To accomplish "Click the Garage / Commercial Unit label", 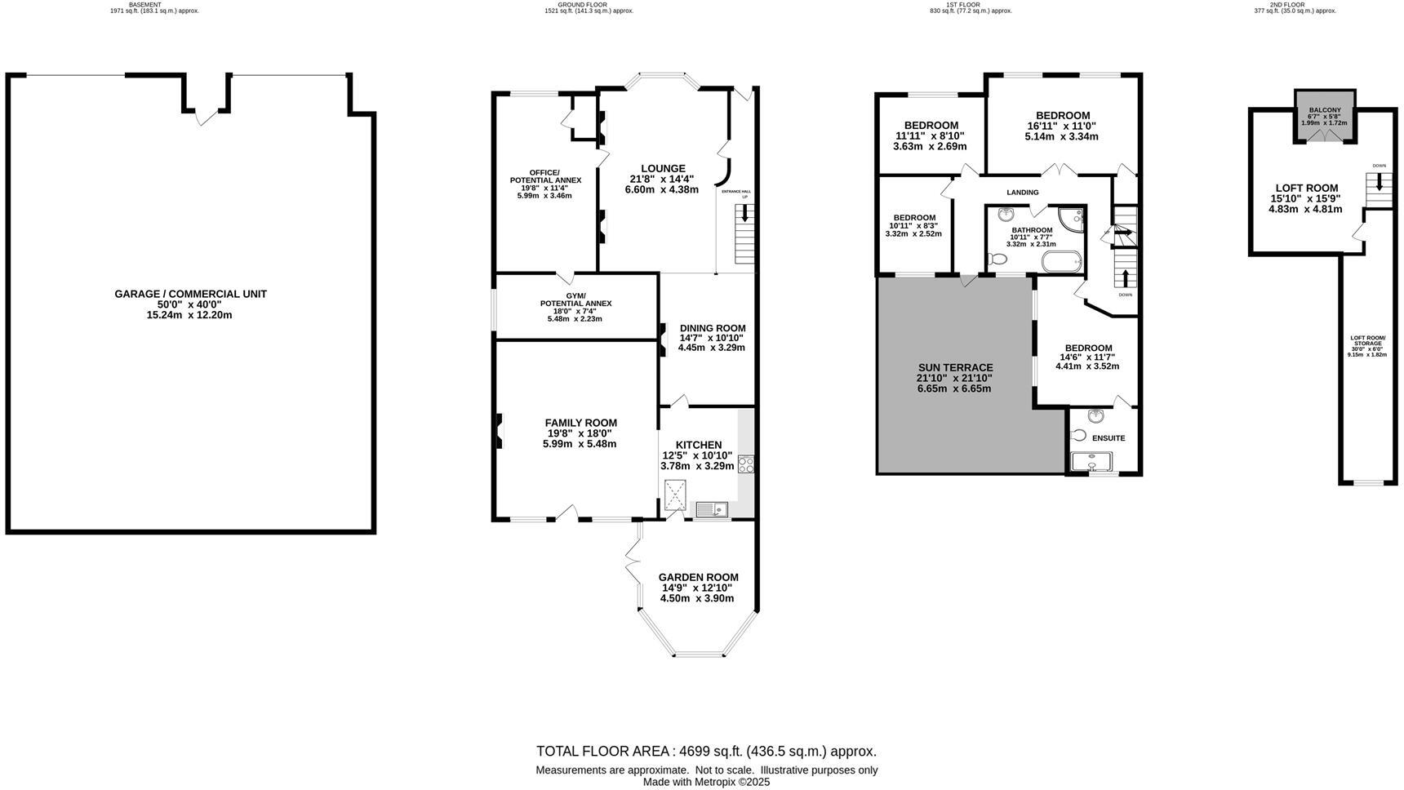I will click(x=190, y=294).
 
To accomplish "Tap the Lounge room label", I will click(x=663, y=169).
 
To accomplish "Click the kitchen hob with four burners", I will click(x=745, y=465).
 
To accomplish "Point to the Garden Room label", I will click(x=698, y=577).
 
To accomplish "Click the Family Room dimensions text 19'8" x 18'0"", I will click(x=580, y=433).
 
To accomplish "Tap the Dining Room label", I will click(x=712, y=328).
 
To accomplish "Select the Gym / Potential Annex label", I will click(x=575, y=300).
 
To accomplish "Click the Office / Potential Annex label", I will click(x=544, y=176).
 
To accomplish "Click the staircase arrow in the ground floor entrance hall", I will click(x=744, y=215).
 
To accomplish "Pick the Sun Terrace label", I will click(x=954, y=367).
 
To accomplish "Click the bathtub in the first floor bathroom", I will click(x=1061, y=262).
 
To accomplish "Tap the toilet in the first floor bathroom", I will click(x=997, y=260).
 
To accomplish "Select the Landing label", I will click(x=1022, y=193).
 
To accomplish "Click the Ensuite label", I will click(x=1108, y=438).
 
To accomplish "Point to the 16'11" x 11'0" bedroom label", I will click(x=1062, y=116).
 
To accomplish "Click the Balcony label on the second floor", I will click(x=1324, y=110).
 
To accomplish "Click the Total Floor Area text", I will click(x=706, y=751).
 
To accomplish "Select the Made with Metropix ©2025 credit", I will click(x=706, y=782).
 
